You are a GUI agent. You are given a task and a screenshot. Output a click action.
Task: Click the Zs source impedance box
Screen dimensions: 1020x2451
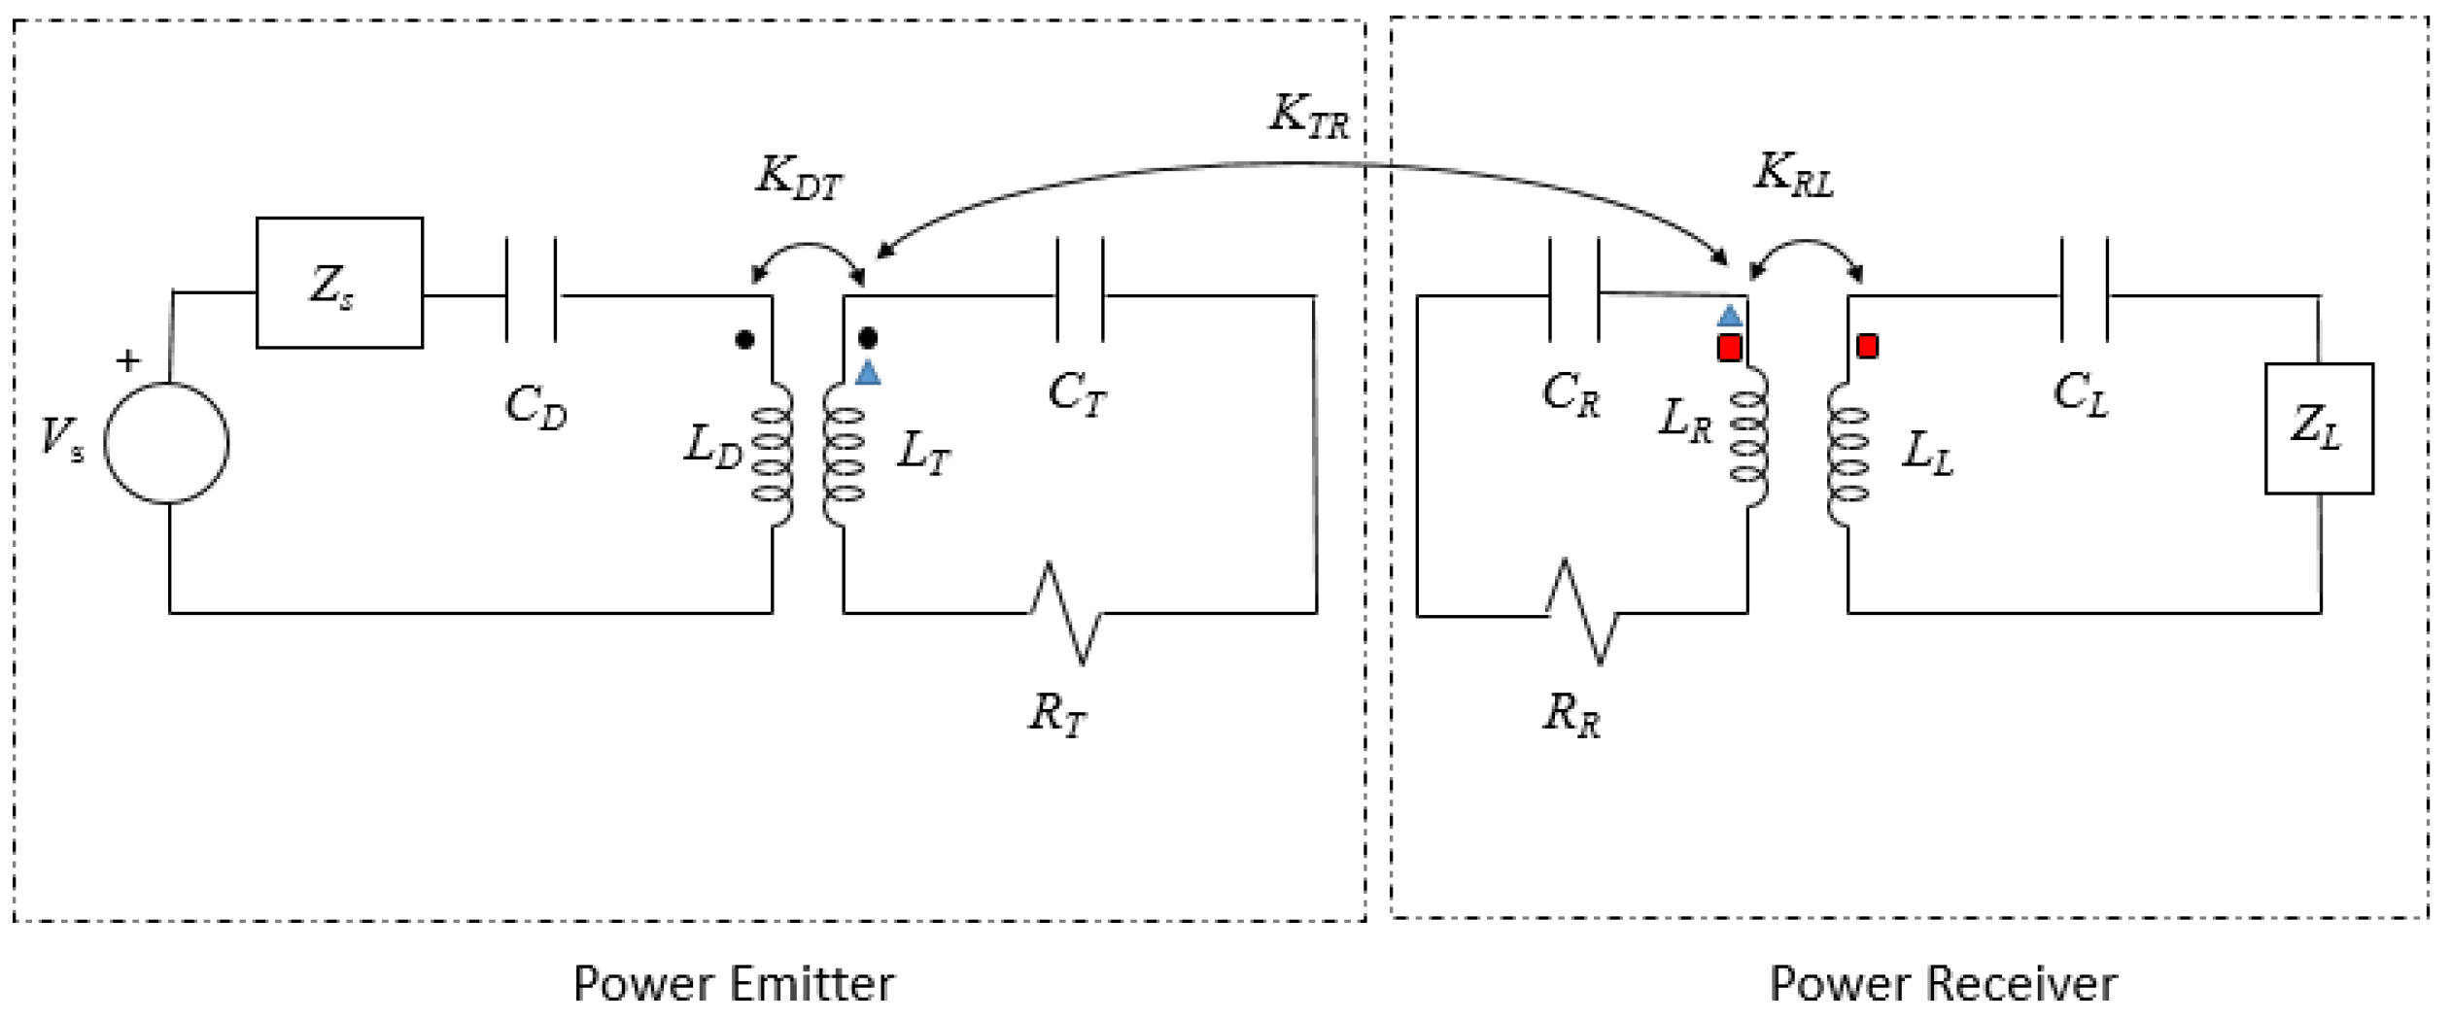pos(339,283)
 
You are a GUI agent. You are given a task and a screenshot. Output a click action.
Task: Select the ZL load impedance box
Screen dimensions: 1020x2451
pos(2318,428)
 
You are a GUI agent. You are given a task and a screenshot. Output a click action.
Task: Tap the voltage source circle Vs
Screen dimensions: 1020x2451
pos(166,443)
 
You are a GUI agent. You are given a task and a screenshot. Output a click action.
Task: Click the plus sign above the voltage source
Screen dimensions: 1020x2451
pos(127,360)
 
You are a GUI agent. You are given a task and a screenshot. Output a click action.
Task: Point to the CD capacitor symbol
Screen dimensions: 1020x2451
pos(531,290)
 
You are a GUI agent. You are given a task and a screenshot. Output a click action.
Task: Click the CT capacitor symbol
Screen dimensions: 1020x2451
pos(1081,290)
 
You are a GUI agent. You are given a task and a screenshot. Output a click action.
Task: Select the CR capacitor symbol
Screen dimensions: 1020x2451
pos(1573,290)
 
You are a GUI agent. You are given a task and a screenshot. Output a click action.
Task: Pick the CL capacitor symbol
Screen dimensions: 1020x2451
pos(2084,290)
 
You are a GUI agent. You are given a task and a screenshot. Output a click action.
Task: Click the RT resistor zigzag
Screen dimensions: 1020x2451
pos(1066,613)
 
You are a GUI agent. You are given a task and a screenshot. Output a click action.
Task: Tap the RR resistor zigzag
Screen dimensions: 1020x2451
pos(1582,613)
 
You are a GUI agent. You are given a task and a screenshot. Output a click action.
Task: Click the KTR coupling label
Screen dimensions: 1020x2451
pos(1309,116)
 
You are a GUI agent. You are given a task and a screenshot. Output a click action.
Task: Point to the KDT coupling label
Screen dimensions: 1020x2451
pos(798,178)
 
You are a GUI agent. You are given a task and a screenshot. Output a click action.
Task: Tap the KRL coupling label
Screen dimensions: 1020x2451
pos(1794,174)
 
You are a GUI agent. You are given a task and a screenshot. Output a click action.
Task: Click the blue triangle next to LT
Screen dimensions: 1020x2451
pos(868,373)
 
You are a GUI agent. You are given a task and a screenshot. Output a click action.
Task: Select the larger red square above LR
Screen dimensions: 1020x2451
pos(1729,348)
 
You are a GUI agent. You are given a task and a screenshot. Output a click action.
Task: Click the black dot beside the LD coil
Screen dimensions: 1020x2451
pos(744,340)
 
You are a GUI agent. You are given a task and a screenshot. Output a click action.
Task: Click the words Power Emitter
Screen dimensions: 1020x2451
pos(734,984)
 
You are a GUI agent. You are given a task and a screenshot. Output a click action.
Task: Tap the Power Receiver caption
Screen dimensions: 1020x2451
pos(1942,984)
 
